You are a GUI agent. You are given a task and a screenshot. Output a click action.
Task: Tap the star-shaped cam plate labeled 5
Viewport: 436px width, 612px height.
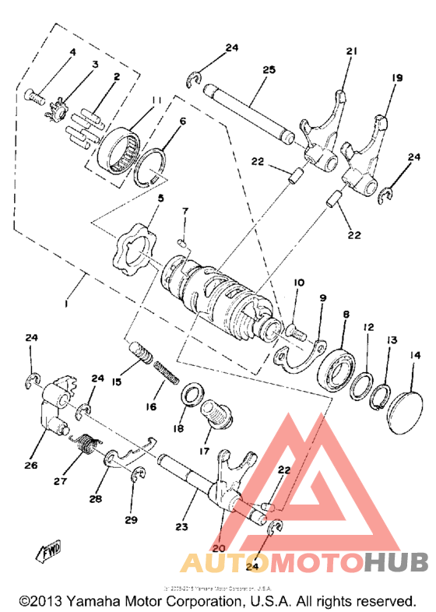[131, 248]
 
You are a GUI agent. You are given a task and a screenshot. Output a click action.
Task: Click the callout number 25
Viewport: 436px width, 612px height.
[269, 70]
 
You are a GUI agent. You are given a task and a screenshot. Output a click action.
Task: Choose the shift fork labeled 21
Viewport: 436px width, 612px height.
[321, 132]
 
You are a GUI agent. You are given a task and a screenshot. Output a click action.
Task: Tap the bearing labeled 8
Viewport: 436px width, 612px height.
[337, 368]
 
